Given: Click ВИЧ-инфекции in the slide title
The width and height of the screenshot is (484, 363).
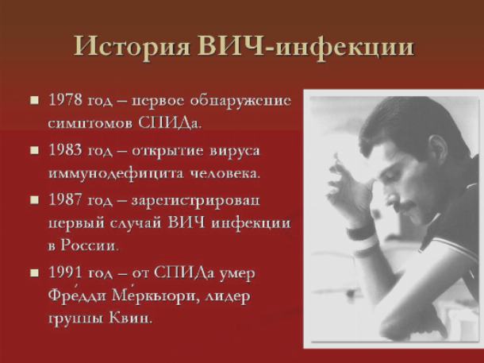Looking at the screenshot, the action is [x=306, y=47].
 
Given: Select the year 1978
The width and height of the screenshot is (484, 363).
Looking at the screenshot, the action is [x=65, y=100].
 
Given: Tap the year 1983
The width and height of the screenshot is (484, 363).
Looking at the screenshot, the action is [x=65, y=150].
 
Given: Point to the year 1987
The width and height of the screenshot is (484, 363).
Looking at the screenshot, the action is [x=65, y=200].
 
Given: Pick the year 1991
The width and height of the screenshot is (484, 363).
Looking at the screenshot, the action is [x=65, y=272].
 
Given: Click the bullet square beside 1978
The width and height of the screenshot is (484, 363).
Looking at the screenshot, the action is [x=35, y=100].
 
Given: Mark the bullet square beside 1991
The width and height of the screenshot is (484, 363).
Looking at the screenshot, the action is [x=35, y=272].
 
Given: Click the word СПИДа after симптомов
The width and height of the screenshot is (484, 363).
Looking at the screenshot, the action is [x=170, y=123].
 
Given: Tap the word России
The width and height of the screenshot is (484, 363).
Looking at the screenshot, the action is [x=90, y=245].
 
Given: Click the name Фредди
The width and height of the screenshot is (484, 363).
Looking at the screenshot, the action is [x=77, y=296].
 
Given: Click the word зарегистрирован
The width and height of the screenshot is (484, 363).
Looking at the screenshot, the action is [x=196, y=201].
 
